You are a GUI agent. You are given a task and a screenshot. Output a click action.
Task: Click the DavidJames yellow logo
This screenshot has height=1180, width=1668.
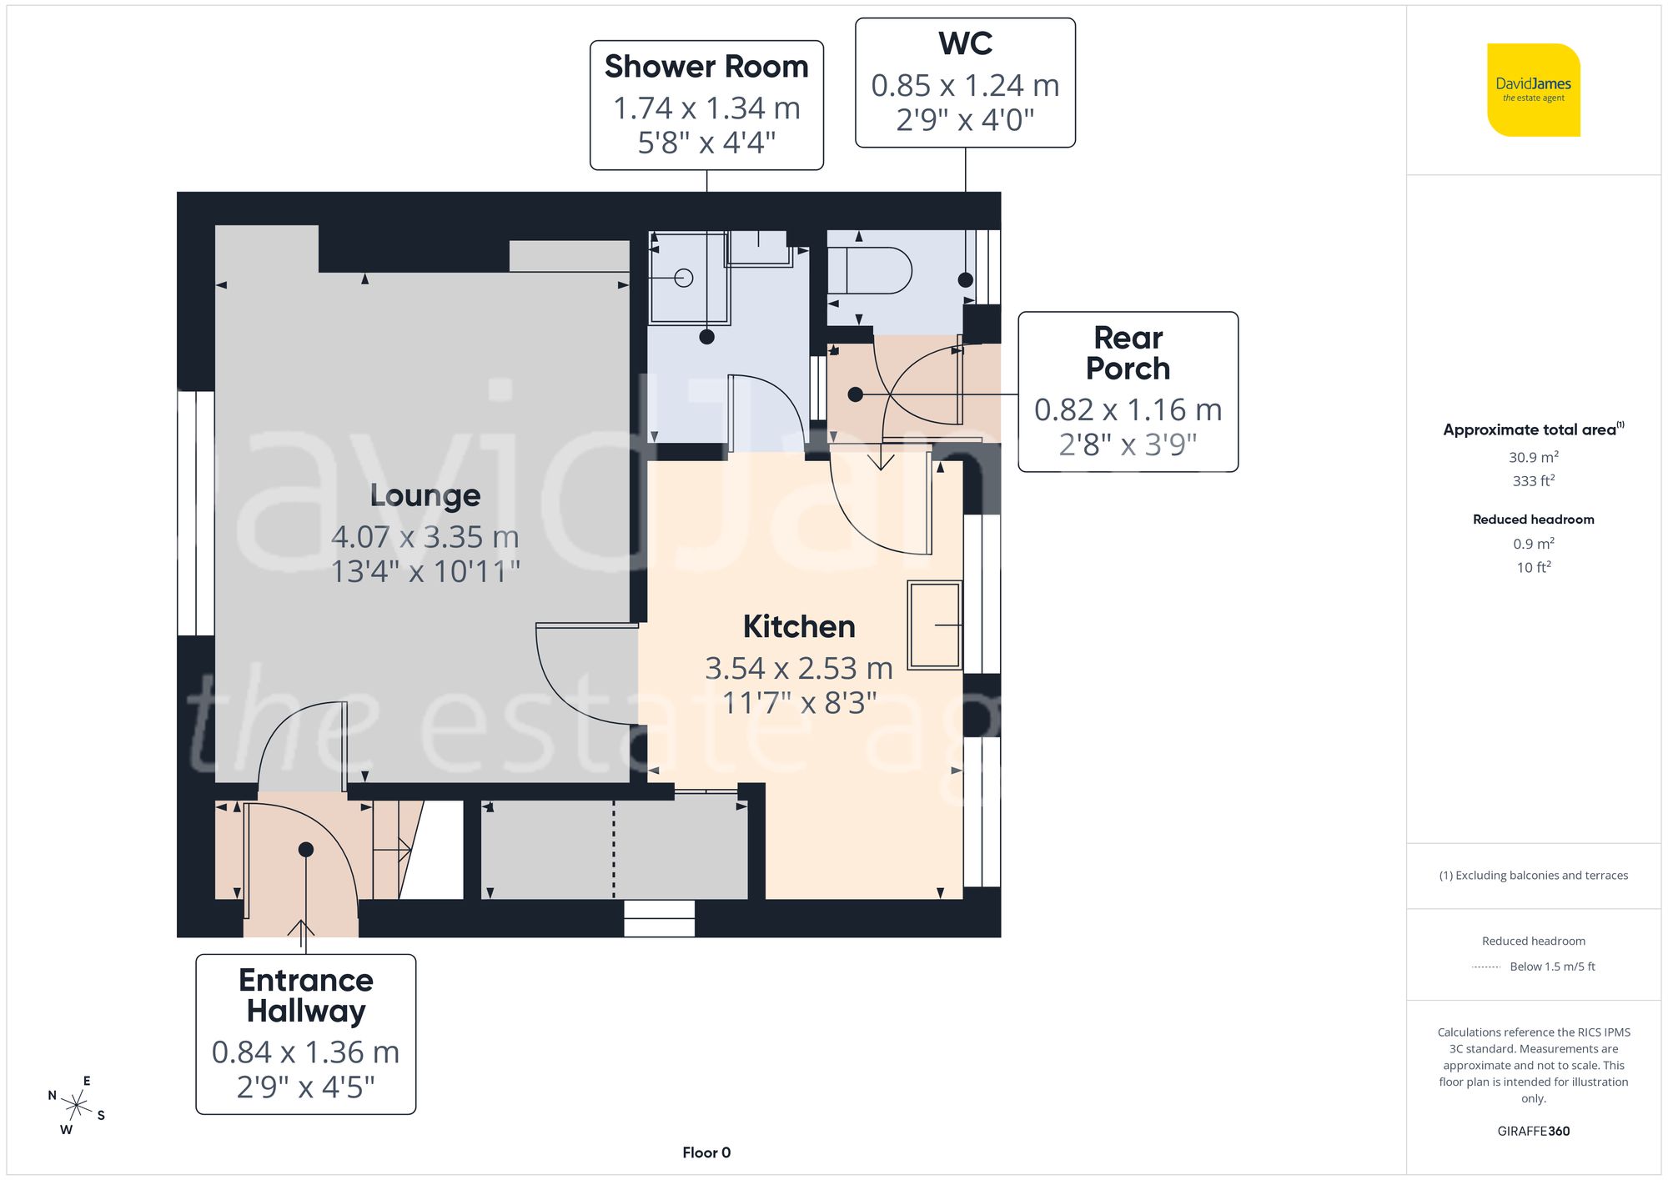click(x=1533, y=90)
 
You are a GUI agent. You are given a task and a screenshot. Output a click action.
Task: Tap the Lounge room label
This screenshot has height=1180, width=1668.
click(x=425, y=495)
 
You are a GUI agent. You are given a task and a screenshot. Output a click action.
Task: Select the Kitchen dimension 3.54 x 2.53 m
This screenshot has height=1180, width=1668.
click(x=798, y=668)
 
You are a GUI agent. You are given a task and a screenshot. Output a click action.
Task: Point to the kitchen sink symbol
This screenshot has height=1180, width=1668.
click(x=934, y=625)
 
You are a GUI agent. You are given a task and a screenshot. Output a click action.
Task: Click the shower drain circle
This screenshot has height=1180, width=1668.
click(x=684, y=278)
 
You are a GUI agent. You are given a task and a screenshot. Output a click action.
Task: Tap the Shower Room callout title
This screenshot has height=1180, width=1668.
click(x=706, y=67)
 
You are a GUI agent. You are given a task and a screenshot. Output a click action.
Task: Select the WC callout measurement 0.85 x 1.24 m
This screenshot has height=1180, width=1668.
click(x=965, y=85)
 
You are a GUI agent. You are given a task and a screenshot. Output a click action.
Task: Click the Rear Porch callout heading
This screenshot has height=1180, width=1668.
click(x=1128, y=353)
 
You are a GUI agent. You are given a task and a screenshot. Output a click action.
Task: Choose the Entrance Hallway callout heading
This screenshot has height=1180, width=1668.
click(x=305, y=995)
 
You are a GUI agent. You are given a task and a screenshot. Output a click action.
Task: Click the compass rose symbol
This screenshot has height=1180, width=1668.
click(x=77, y=1106)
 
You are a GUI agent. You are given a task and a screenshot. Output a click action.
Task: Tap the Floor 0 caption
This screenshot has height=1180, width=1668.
click(x=706, y=1152)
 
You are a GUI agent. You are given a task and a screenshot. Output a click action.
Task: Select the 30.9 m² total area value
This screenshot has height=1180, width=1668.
click(x=1533, y=457)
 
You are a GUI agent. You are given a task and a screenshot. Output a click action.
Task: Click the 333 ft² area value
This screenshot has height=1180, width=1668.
click(x=1533, y=481)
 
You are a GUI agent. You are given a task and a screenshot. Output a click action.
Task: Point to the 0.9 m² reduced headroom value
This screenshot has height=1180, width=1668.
click(x=1533, y=544)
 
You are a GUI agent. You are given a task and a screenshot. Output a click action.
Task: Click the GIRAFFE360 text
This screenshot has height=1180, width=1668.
click(x=1533, y=1131)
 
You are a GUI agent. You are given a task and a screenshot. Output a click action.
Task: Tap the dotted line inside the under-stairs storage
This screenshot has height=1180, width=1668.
click(x=614, y=849)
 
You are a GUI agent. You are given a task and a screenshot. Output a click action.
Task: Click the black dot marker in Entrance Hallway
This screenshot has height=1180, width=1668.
click(x=306, y=849)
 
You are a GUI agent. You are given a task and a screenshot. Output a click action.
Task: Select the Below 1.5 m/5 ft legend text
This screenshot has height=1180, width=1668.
click(x=1551, y=967)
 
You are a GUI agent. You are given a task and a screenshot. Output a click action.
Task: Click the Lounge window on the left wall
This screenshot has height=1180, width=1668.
click(x=195, y=513)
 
